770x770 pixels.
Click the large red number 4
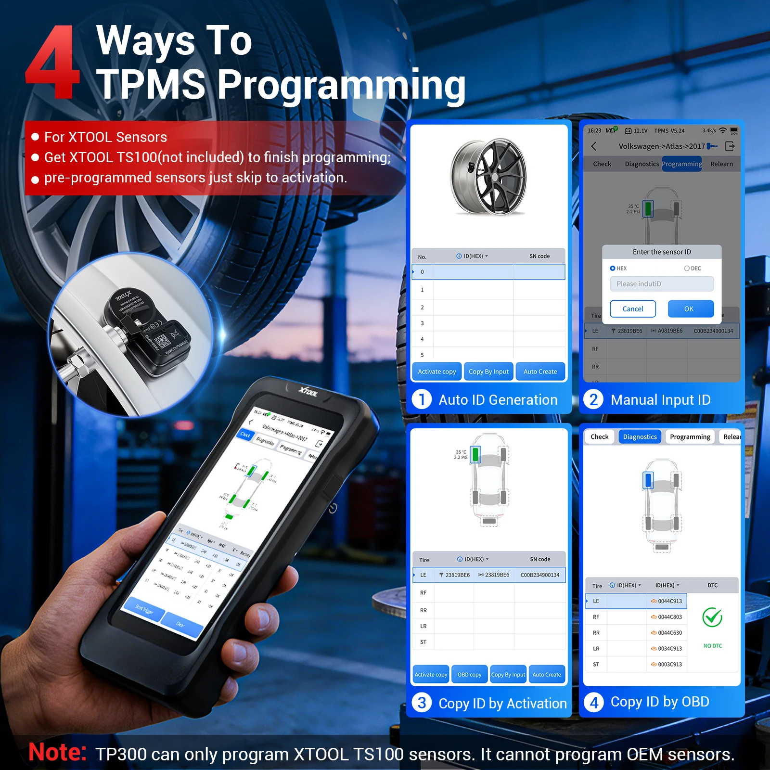pos(52,63)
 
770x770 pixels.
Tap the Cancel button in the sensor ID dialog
pos(632,309)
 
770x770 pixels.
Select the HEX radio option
pos(613,269)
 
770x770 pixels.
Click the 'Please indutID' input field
pos(661,284)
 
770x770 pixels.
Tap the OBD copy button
pos(469,675)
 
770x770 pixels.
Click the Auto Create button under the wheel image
pos(540,372)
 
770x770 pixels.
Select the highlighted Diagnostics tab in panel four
pos(640,437)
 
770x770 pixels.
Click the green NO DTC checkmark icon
pos(712,617)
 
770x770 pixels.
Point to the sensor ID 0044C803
pos(669,617)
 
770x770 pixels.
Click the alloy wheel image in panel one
pos(488,177)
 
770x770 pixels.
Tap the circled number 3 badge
pos(422,703)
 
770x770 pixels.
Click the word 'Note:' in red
pos(57,752)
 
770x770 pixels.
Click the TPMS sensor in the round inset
pos(144,327)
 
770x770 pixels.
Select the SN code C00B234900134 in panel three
pos(539,575)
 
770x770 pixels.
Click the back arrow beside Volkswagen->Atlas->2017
pos(594,146)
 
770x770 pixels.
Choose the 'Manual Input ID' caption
pos(660,400)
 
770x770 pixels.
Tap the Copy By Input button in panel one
pos(488,372)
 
